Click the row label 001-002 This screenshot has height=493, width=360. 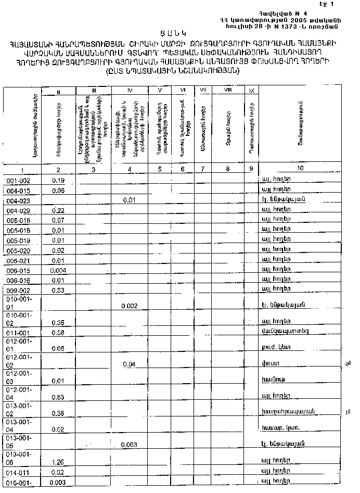(x=19, y=181)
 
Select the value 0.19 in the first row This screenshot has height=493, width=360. (x=58, y=180)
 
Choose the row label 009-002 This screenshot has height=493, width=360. (x=19, y=290)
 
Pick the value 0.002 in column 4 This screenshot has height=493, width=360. (x=129, y=306)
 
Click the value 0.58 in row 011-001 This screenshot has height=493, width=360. (x=58, y=332)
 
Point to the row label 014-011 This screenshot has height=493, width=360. (x=19, y=473)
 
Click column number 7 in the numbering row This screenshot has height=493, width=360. (x=202, y=169)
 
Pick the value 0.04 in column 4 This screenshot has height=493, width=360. (x=129, y=364)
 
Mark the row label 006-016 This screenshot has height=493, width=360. (x=19, y=280)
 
